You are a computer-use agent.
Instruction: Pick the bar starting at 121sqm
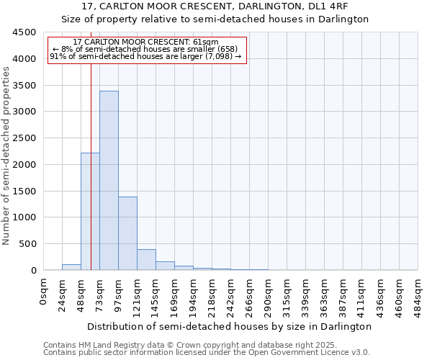(x=146, y=260)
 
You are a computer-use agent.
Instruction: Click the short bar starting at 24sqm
(x=71, y=267)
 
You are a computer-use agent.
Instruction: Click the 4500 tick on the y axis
(x=24, y=32)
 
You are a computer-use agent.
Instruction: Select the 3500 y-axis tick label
(x=24, y=86)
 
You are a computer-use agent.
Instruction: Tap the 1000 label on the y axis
(x=24, y=217)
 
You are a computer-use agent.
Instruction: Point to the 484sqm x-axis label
(x=418, y=294)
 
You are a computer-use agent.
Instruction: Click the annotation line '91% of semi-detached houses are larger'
(x=145, y=56)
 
